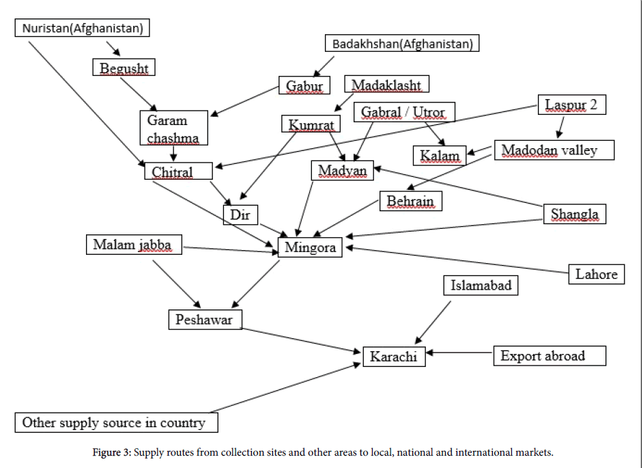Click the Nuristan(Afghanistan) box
(x=83, y=28)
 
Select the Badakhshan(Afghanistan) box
(x=402, y=44)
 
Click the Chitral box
(x=173, y=171)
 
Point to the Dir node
(x=240, y=215)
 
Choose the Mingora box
(x=311, y=247)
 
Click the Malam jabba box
(x=134, y=244)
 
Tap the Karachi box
(x=394, y=356)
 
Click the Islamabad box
(x=481, y=285)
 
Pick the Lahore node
(x=596, y=274)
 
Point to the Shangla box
(x=575, y=214)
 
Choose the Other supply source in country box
(x=116, y=422)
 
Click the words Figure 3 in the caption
(x=111, y=452)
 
